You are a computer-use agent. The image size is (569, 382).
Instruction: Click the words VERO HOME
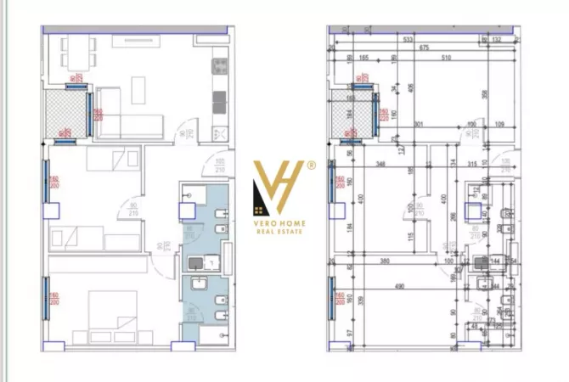click(x=279, y=224)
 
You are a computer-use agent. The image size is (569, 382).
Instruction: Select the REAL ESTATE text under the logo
click(x=279, y=232)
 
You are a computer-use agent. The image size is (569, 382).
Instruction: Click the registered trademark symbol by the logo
click(x=311, y=166)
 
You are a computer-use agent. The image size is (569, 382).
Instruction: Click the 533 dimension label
click(x=408, y=40)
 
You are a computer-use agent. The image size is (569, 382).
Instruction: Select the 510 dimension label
click(x=446, y=58)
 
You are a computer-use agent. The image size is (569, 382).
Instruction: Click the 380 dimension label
click(x=385, y=261)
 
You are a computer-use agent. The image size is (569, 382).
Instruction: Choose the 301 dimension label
click(x=418, y=125)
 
